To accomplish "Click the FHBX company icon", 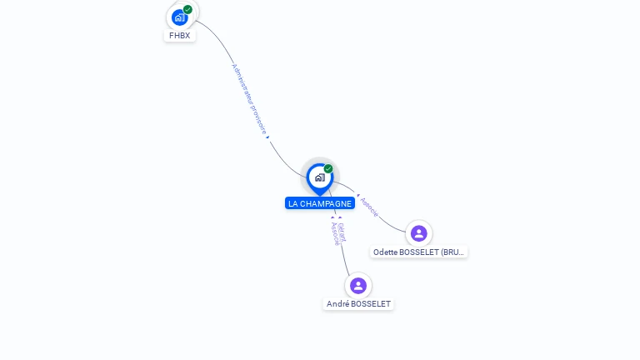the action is (179, 17).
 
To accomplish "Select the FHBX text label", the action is (180, 36).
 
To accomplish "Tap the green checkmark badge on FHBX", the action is (188, 9).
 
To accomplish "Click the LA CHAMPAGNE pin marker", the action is (319, 177).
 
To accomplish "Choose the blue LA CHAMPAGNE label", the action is (320, 203).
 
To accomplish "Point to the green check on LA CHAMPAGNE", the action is (328, 168).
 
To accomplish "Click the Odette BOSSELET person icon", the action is (418, 233).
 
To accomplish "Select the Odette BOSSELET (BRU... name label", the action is (419, 252).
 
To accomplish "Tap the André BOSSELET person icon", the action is (358, 286).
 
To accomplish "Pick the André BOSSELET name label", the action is (358, 304).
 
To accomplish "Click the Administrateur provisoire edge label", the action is (248, 97).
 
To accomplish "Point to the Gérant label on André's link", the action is (342, 231).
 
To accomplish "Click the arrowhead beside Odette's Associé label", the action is (358, 197).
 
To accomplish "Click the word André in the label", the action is (337, 304).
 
